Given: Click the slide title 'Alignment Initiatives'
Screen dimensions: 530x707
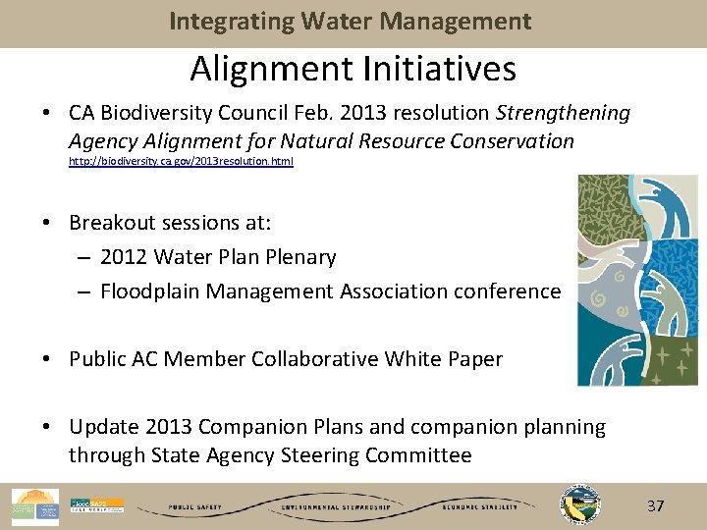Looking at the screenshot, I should tap(353, 70).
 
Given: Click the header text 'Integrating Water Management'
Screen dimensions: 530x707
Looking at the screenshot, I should tap(351, 22).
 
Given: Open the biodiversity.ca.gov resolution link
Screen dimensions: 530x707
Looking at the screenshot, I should tap(181, 161).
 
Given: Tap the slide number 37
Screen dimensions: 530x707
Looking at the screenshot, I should tap(655, 506).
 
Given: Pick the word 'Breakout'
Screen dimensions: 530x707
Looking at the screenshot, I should tap(111, 224).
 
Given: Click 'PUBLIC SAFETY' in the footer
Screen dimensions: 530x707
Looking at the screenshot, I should tap(194, 508).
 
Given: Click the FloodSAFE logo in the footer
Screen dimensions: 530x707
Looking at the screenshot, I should tap(97, 505).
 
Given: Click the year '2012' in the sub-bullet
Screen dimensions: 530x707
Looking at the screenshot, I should tap(125, 257).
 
